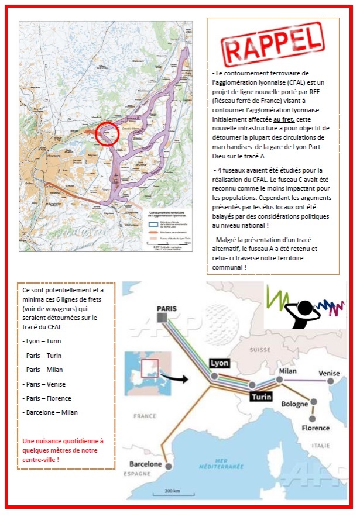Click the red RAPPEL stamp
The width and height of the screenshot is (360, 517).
tap(273, 44)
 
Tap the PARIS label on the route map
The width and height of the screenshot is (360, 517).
tap(167, 308)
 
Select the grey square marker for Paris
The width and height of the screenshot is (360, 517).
tap(162, 318)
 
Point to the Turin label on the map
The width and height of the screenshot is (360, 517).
tap(260, 397)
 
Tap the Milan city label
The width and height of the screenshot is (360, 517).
tap(288, 371)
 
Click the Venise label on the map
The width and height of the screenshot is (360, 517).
tap(329, 373)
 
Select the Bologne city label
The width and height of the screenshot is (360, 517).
tap(294, 404)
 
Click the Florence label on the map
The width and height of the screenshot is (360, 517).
tap(316, 428)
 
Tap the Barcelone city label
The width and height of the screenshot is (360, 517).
tap(145, 464)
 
